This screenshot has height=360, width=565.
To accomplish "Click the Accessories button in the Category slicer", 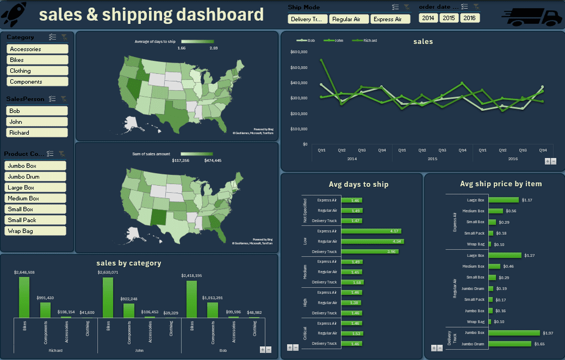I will point(38,49).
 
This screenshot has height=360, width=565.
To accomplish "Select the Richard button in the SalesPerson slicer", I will point(37,133).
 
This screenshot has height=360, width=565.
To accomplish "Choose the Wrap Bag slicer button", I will point(35,231).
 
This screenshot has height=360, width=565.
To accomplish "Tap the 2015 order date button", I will point(449,18).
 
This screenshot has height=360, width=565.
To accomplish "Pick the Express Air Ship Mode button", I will point(390,19).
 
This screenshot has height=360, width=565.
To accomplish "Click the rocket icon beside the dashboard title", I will point(14,14).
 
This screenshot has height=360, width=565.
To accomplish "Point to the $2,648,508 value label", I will point(24,272).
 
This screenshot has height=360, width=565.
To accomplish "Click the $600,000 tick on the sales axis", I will point(299,52).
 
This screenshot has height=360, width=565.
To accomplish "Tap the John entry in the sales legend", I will point(336,40).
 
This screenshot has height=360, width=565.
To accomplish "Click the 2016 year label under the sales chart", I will point(513,159).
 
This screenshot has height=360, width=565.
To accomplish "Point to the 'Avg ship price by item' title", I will point(500,184).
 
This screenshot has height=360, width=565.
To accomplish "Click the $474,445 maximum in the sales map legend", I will point(212,160).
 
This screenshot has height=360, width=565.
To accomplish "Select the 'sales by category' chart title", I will point(129,263).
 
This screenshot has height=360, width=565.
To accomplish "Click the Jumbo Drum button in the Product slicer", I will point(35,177).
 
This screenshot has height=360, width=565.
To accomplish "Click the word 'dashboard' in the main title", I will point(220,15).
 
